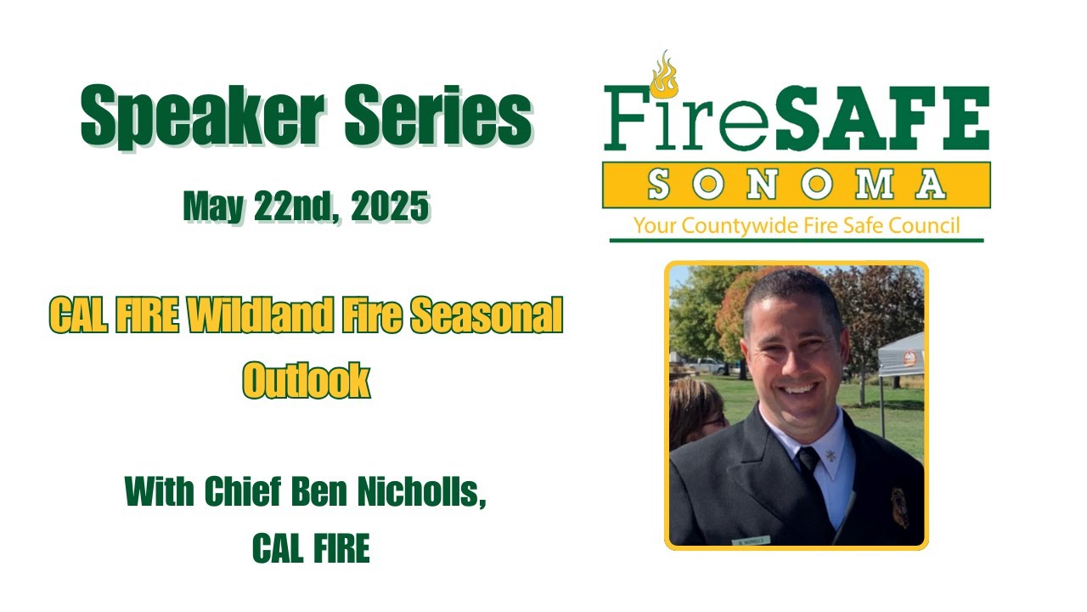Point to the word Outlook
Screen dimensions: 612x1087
click(x=307, y=380)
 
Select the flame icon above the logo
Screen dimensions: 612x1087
click(x=662, y=74)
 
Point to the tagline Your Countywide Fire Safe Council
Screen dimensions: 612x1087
click(x=796, y=225)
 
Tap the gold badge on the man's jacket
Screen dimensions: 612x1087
click(x=898, y=507)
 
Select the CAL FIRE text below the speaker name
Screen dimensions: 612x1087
click(x=311, y=549)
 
